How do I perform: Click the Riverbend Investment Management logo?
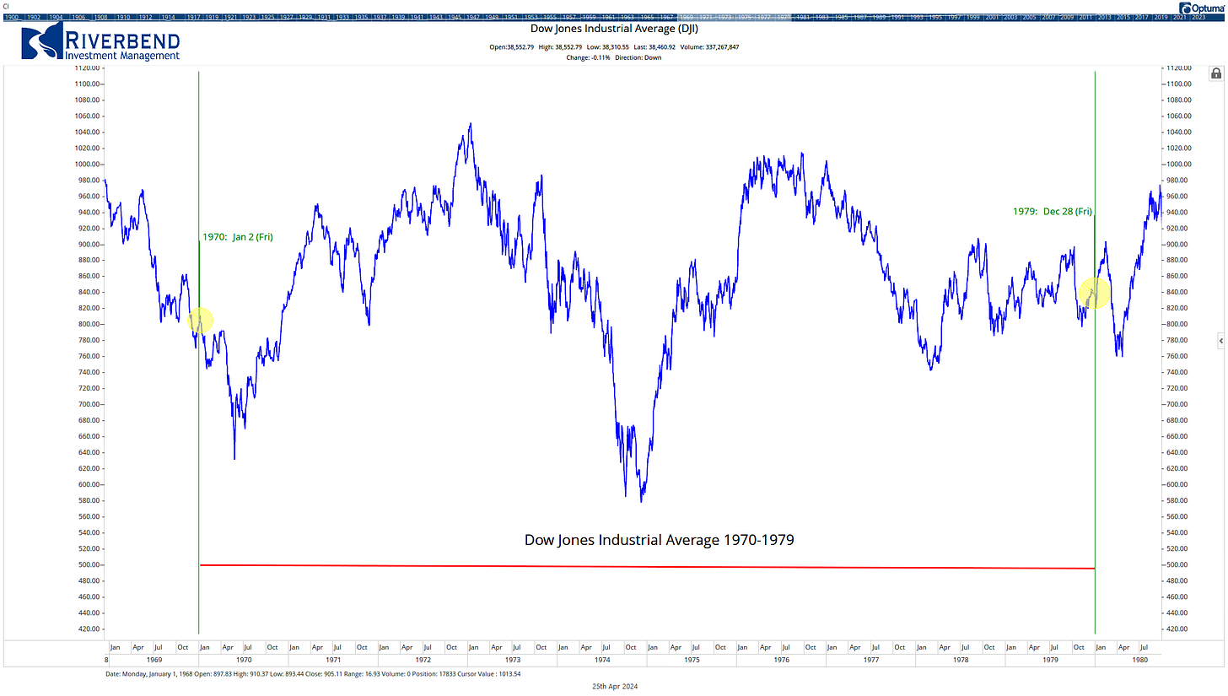pos(101,42)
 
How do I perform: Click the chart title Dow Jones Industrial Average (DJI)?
pos(613,29)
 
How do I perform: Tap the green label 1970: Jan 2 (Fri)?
pos(237,237)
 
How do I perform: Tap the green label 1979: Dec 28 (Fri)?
pos(1053,212)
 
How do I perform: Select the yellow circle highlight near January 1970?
pos(200,321)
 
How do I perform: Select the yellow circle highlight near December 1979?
pos(1094,293)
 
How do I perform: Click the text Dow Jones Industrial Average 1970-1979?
pos(659,539)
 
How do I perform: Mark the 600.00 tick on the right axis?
pos(1178,485)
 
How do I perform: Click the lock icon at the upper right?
pos(1216,74)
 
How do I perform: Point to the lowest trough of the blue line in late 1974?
pos(641,502)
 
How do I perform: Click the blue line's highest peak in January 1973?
pos(470,124)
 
